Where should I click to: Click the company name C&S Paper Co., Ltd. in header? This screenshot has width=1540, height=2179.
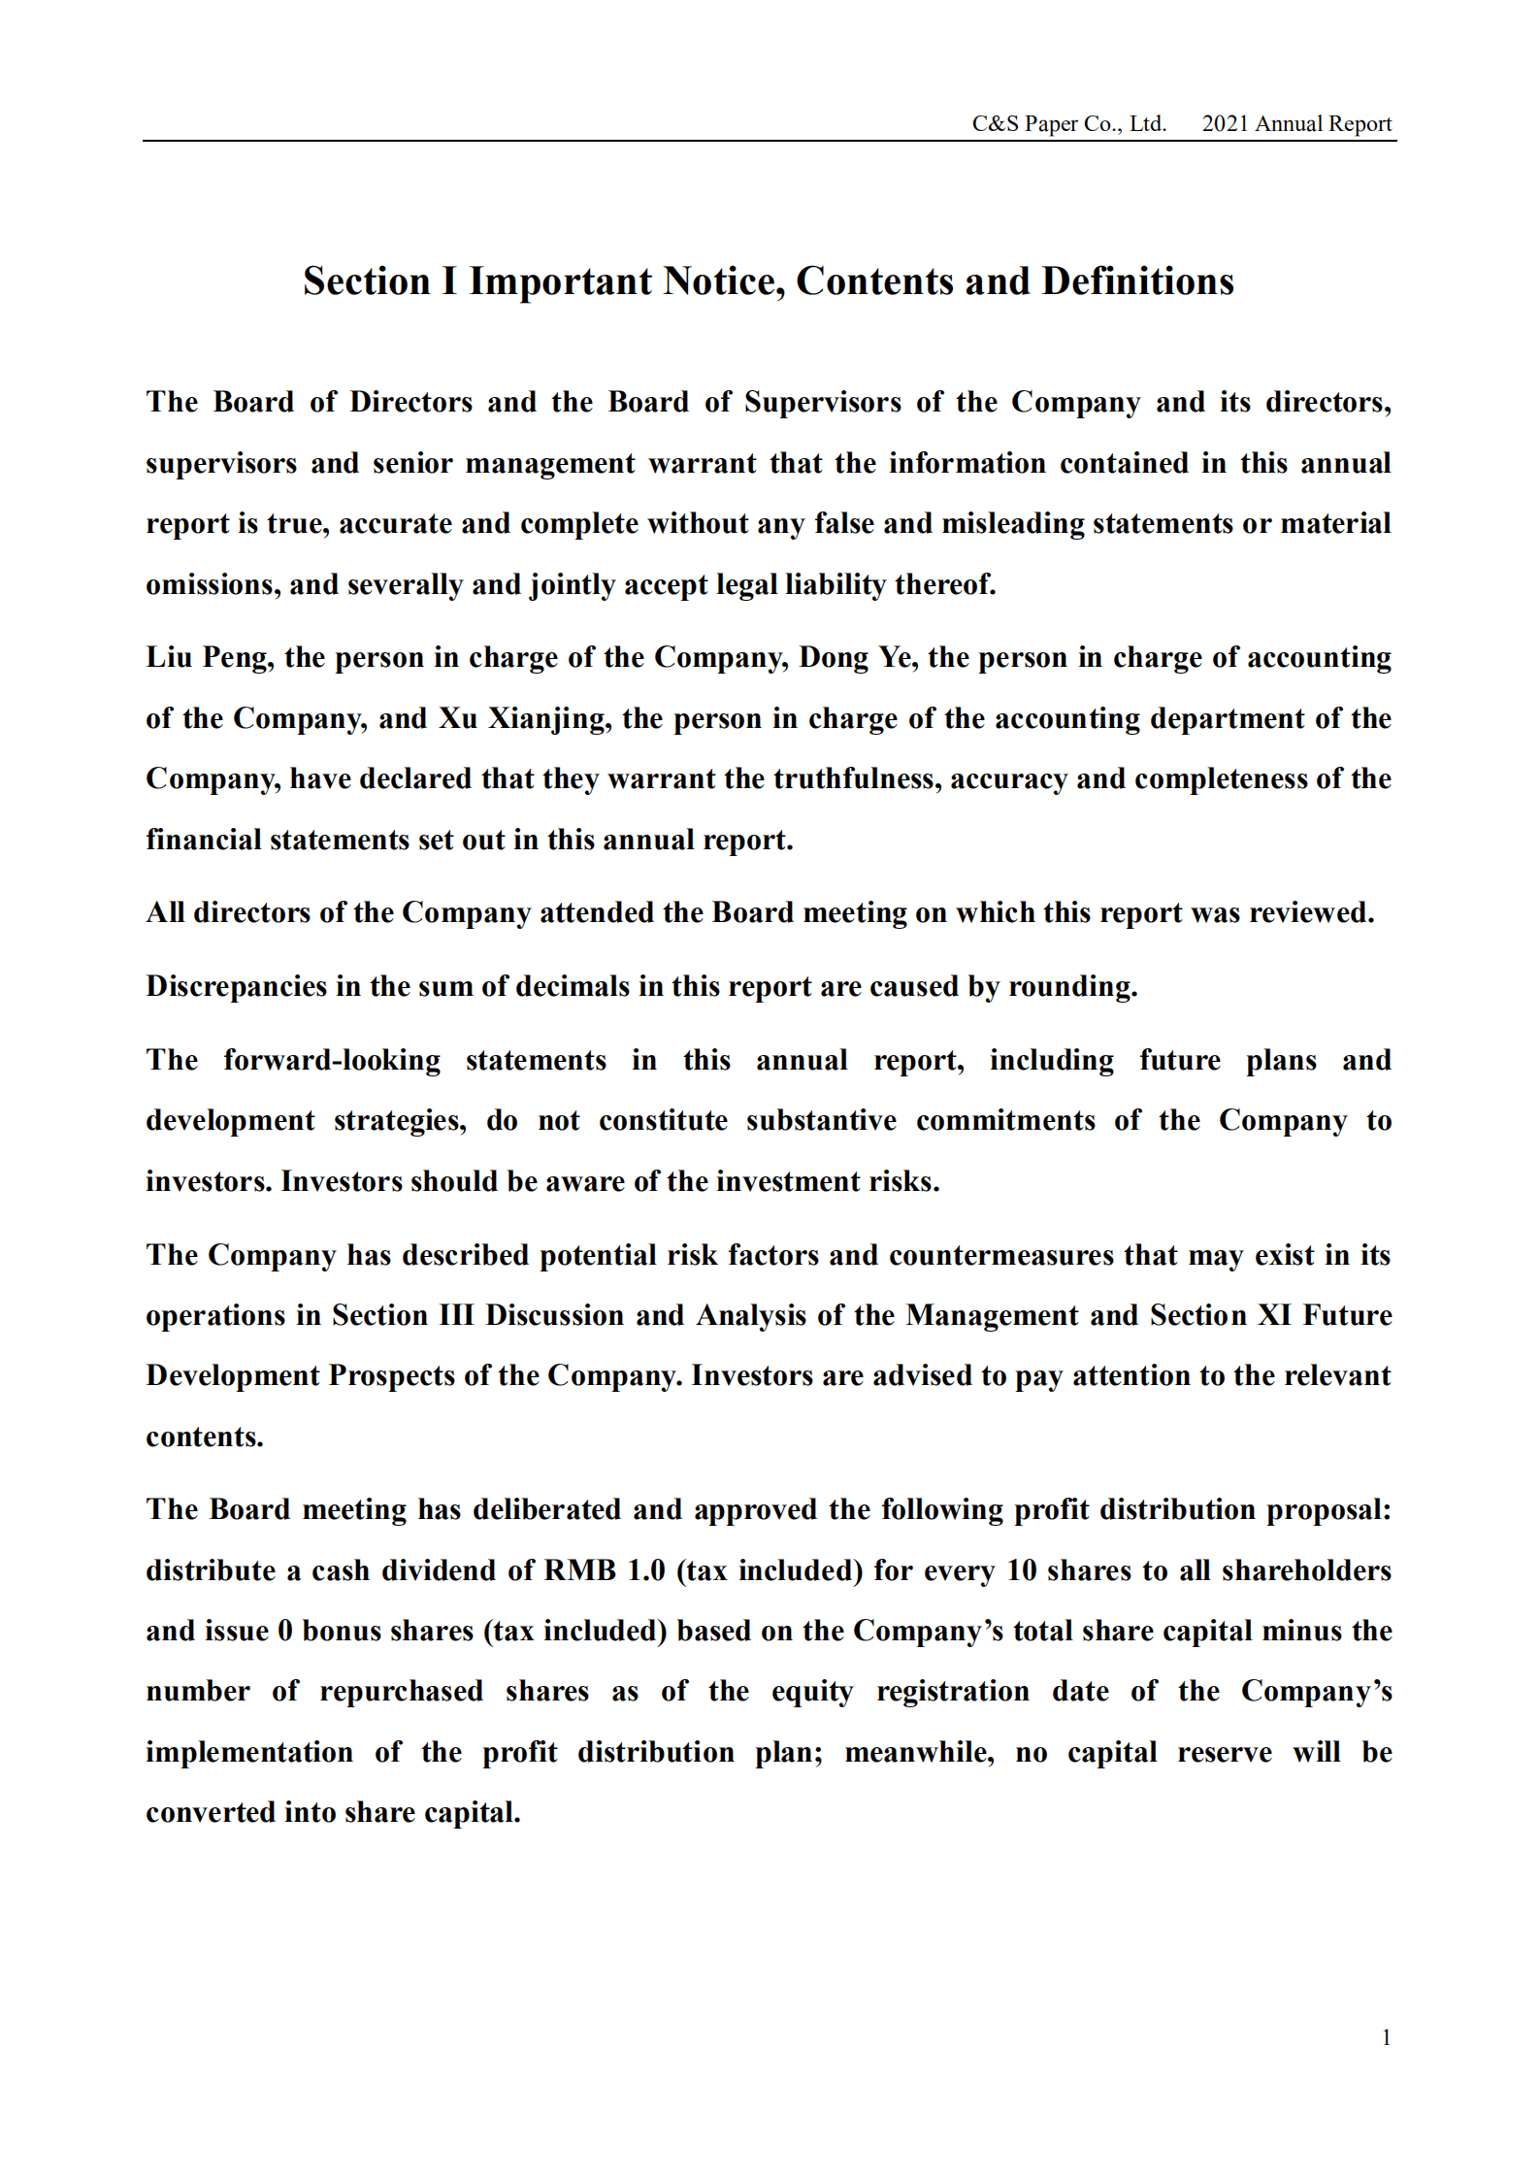pos(1068,124)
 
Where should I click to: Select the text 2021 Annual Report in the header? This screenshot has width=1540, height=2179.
pos(1295,124)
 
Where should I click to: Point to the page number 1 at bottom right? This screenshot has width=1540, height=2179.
pos(1386,2037)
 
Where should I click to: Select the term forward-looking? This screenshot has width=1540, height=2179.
pos(332,1060)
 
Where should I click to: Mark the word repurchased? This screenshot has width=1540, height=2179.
pos(401,1692)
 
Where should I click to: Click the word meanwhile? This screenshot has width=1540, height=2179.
pos(919,1753)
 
